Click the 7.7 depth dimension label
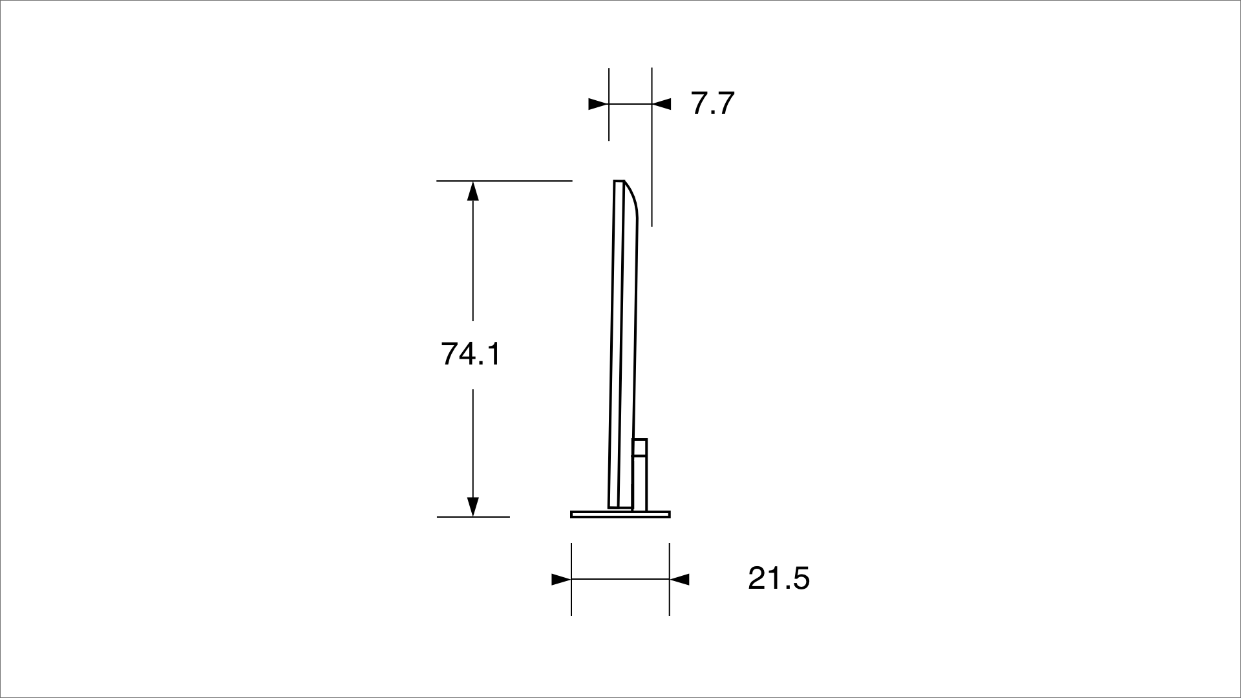click(713, 103)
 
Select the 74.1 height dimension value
click(471, 354)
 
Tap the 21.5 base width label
click(778, 578)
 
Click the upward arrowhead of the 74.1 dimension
click(473, 191)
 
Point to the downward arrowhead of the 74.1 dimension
click(473, 506)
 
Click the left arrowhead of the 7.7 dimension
click(599, 103)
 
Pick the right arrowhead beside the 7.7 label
click(662, 103)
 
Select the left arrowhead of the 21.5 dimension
click(561, 579)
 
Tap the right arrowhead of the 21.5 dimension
click(679, 579)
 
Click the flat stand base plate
click(620, 514)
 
